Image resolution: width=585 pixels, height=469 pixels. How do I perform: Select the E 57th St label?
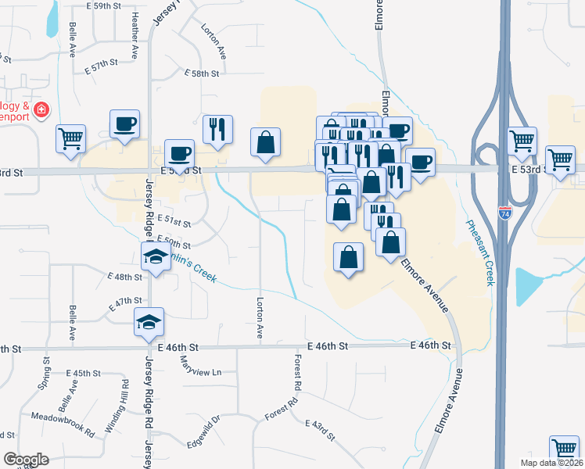coord(101,62)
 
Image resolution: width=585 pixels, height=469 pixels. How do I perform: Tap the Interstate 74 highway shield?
coord(504,211)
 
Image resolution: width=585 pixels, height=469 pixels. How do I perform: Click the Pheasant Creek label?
coord(480,252)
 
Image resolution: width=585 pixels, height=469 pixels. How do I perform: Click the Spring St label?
coord(46,375)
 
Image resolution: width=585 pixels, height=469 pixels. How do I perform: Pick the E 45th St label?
coord(84,374)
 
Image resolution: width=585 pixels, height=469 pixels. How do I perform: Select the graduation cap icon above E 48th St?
coord(156,256)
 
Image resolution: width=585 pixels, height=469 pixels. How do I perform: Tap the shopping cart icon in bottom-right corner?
coord(563,449)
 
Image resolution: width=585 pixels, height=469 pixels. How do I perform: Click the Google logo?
coord(26,460)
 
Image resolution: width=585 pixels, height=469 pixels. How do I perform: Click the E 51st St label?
coord(174,220)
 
